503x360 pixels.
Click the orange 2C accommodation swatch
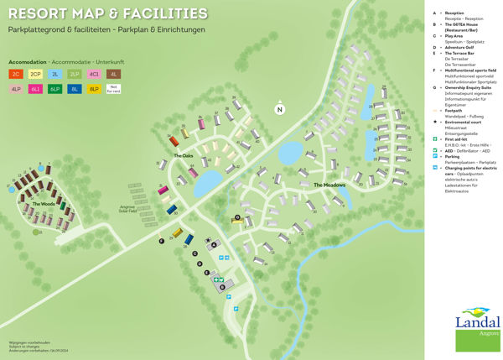pyautogui.click(x=15, y=75)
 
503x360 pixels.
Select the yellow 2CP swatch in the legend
pyautogui.click(x=35, y=75)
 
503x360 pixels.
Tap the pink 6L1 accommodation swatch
pyautogui.click(x=35, y=88)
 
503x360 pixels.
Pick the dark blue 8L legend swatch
pyautogui.click(x=75, y=88)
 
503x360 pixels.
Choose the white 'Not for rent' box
pyautogui.click(x=114, y=88)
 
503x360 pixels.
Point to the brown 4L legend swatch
pyautogui.click(x=114, y=75)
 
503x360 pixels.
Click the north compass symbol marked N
pyautogui.click(x=280, y=108)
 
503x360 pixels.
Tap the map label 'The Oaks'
pyautogui.click(x=184, y=156)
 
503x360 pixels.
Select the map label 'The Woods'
pyautogui.click(x=43, y=204)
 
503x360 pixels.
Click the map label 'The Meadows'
pyautogui.click(x=329, y=185)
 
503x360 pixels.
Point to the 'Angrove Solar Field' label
pyautogui.click(x=133, y=208)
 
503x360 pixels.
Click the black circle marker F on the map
pyautogui.click(x=161, y=241)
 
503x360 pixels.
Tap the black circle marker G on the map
pyautogui.click(x=237, y=217)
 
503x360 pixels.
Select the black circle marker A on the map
pyautogui.click(x=213, y=244)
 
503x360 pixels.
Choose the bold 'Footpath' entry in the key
pyautogui.click(x=454, y=109)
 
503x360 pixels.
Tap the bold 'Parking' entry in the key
pyautogui.click(x=453, y=156)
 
